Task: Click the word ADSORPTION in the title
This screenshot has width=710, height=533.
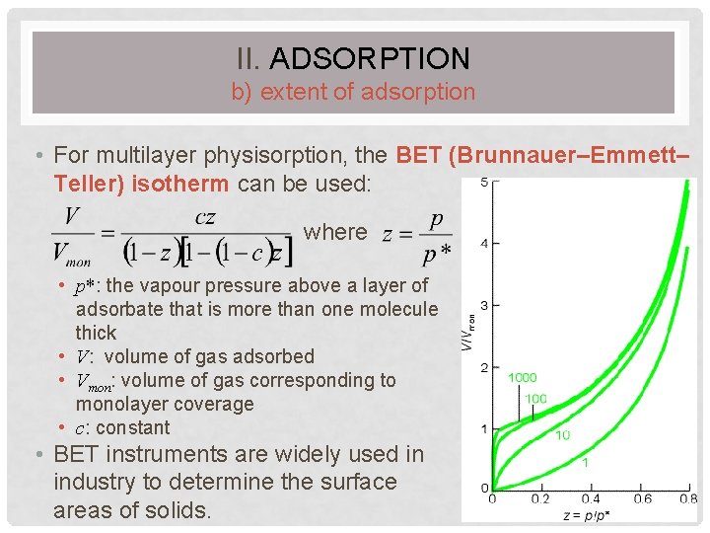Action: (369, 58)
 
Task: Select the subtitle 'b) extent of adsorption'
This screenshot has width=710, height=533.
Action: (353, 93)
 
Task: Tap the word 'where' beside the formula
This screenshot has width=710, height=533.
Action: (335, 232)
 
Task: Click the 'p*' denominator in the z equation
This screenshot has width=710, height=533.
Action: (431, 255)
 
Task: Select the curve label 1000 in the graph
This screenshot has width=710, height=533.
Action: (523, 377)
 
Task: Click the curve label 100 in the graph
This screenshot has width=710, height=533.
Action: (535, 398)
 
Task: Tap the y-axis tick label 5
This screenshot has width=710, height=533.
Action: (482, 183)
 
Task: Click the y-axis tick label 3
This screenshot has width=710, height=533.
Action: (482, 306)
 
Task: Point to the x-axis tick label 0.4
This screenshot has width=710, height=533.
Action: (590, 499)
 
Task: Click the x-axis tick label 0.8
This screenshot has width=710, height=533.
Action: (686, 499)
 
